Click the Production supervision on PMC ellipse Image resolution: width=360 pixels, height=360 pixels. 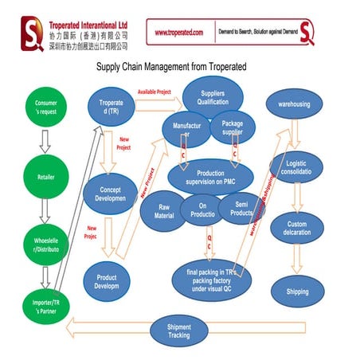pos(210,177)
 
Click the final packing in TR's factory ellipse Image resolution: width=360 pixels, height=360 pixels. pos(212,278)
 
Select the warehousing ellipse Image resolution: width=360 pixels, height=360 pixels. pos(295,104)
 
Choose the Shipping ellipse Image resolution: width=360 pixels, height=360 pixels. pos(297,292)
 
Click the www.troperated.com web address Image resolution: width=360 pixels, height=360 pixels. pos(178,33)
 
